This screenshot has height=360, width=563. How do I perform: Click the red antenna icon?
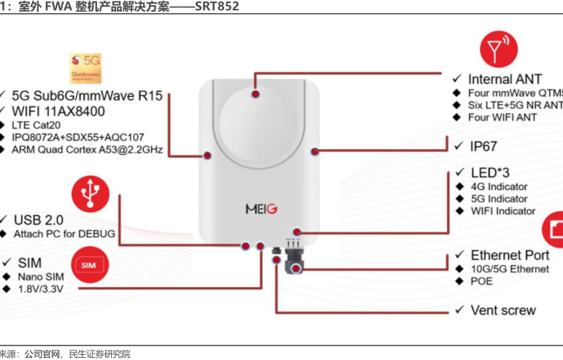[x=498, y=50]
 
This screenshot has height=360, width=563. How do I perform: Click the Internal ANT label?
[x=505, y=79]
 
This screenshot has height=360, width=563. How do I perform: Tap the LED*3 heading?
[x=486, y=172]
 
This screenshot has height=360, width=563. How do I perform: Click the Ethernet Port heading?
[x=510, y=255]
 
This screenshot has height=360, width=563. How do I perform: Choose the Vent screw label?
[x=503, y=310]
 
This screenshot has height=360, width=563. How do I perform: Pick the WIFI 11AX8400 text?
[x=58, y=111]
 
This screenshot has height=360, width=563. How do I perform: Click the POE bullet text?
[x=482, y=281]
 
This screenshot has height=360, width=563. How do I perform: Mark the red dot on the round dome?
[x=255, y=94]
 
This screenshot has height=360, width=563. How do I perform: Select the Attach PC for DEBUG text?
[x=64, y=234]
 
